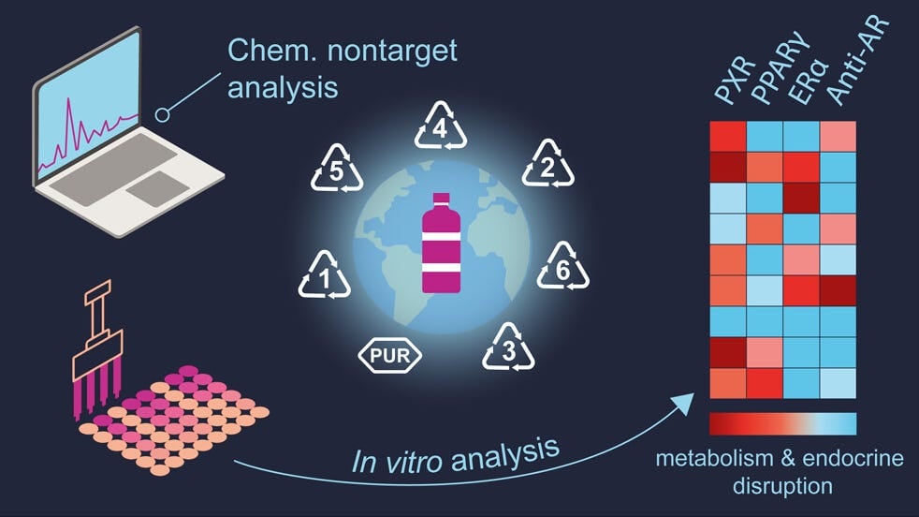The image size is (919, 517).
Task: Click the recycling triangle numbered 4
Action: [441, 126]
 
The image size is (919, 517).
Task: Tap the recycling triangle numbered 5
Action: [336, 168]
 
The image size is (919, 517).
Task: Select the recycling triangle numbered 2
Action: [548, 164]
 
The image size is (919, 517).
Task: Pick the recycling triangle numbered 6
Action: [562, 266]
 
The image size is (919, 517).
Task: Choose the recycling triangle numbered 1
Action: [325, 274]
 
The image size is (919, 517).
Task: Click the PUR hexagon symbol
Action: [389, 355]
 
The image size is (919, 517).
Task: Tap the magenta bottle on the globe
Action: [442, 243]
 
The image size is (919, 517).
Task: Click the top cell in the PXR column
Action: [728, 137]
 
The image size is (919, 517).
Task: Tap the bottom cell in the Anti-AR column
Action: [839, 384]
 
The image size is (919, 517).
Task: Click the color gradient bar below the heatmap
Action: [783, 423]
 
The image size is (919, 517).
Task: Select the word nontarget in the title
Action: [392, 52]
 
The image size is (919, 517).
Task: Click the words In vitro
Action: [396, 461]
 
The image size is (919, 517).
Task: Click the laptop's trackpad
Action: [157, 189]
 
